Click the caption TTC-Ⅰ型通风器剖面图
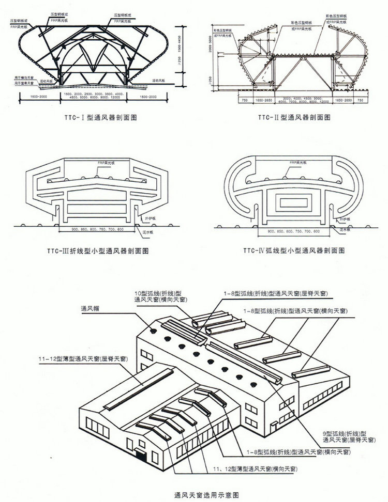(98, 118)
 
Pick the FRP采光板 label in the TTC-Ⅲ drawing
(103, 163)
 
